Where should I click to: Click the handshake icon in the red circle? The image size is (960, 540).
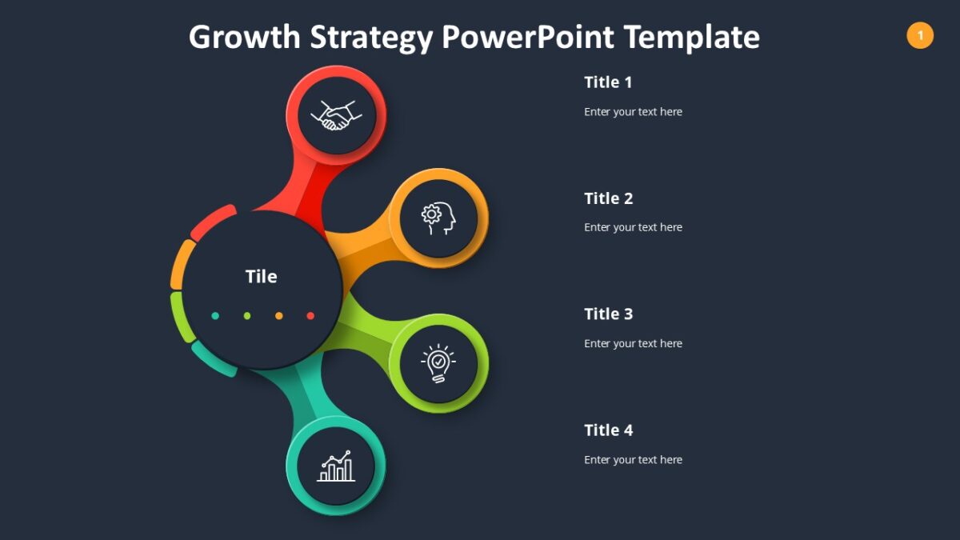point(336,115)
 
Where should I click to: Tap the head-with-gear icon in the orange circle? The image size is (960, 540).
point(438,218)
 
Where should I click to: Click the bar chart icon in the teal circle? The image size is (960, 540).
point(336,466)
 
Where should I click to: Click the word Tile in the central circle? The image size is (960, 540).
point(261,277)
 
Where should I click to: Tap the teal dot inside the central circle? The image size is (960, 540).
point(215,316)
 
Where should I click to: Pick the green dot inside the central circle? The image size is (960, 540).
point(247,316)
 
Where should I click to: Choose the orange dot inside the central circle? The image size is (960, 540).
point(278,316)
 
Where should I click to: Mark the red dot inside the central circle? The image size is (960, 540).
point(310,316)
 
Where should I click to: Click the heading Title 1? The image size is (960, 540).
point(608,82)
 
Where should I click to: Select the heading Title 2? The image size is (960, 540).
point(608,198)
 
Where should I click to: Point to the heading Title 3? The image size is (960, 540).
point(608,314)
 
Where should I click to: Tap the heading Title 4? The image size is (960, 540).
point(608,430)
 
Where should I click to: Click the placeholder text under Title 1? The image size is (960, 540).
point(633,112)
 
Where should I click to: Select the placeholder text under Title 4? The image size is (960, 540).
point(633,460)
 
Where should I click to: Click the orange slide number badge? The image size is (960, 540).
point(920,35)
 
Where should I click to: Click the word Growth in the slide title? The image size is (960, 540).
point(245,38)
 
